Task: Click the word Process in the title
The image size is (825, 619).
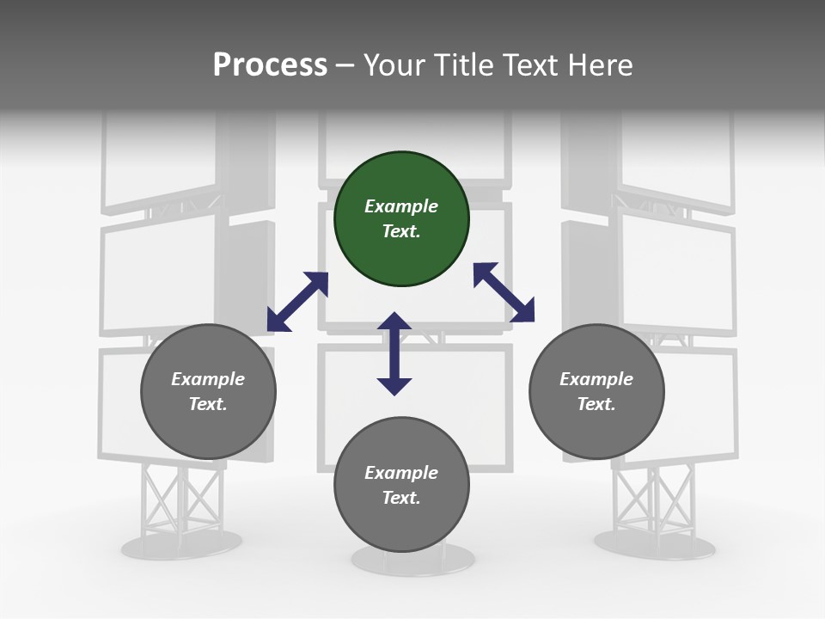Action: [x=270, y=65]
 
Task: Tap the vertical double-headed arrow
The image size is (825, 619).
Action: [x=394, y=353]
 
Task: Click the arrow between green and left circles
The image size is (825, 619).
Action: [x=297, y=302]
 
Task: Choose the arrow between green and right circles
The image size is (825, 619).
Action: [x=504, y=292]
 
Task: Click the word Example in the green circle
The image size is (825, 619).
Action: [x=401, y=206]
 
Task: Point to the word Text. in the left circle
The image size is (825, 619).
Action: [x=208, y=404]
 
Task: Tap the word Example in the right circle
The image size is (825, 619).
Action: [x=596, y=379]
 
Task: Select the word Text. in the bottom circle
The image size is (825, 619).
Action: [x=401, y=498]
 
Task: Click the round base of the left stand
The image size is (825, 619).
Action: [x=181, y=543]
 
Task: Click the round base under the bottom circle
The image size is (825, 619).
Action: [x=412, y=560]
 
